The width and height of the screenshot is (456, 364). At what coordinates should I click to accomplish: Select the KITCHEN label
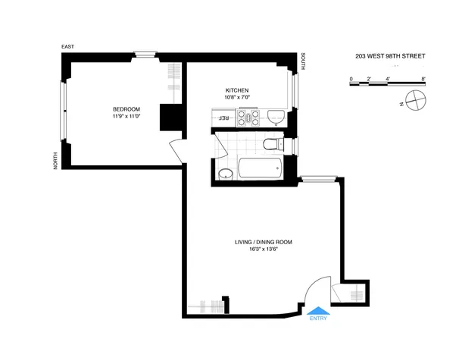click(237, 89)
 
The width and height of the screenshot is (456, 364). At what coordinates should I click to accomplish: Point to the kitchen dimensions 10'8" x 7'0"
click(237, 97)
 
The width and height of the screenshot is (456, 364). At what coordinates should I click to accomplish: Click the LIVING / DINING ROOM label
click(263, 242)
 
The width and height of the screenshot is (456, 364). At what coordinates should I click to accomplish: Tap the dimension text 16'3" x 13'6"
click(263, 249)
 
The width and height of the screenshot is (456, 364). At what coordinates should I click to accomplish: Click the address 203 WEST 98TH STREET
click(390, 56)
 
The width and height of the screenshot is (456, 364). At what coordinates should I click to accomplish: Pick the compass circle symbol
click(415, 99)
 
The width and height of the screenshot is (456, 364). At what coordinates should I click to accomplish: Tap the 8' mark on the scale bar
click(423, 79)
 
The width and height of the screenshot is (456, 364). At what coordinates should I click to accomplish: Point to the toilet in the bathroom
click(270, 144)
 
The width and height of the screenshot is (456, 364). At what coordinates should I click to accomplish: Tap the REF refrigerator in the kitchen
click(224, 118)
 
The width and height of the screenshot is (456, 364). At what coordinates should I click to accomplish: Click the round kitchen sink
click(276, 117)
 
